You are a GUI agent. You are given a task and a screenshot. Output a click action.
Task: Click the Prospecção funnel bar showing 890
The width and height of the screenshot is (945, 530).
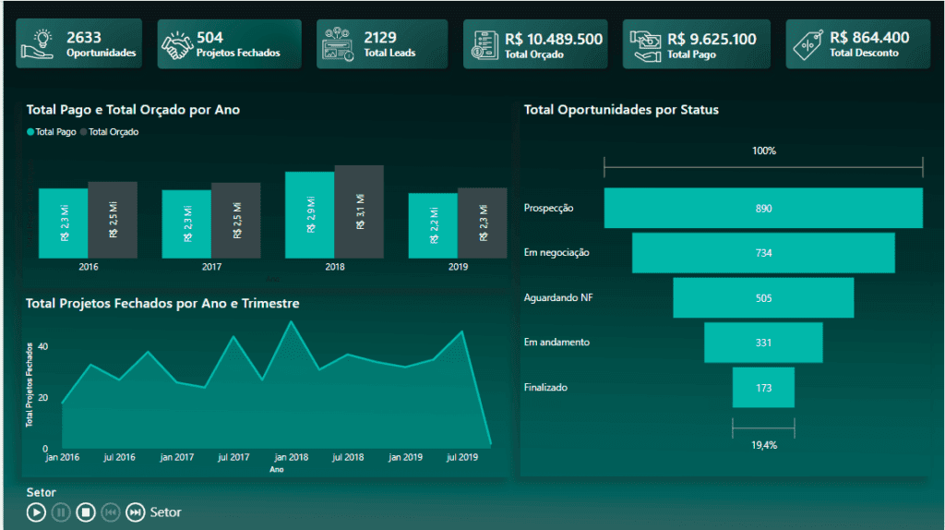click(x=763, y=208)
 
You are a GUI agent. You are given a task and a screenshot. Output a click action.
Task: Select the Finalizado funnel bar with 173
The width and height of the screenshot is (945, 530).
click(x=763, y=388)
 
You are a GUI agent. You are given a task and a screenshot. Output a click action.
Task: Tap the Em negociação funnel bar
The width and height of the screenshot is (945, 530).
click(x=763, y=253)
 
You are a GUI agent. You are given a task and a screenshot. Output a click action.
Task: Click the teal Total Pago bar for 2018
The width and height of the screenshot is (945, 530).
click(x=309, y=215)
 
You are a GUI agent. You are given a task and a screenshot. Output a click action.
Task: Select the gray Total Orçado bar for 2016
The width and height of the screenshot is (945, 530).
click(x=113, y=220)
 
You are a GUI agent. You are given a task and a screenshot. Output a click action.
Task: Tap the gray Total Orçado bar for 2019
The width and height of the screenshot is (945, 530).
click(x=482, y=223)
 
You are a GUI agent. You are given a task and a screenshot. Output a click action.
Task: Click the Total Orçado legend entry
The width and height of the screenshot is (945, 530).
click(x=114, y=132)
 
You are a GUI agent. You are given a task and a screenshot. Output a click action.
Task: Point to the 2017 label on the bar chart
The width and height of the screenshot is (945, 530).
click(x=212, y=267)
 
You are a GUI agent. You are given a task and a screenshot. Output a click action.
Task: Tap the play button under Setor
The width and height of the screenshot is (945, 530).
click(x=36, y=512)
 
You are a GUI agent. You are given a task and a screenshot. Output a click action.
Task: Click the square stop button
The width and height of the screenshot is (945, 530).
click(x=86, y=512)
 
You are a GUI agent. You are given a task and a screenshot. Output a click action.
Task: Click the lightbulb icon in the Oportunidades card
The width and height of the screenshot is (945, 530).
click(x=42, y=43)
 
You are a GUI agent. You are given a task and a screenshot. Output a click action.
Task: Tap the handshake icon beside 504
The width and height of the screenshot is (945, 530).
click(x=177, y=45)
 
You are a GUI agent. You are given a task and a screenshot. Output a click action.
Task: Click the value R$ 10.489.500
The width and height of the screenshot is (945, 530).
click(x=554, y=40)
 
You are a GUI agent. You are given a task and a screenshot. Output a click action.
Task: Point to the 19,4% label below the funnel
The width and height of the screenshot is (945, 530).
click(x=763, y=445)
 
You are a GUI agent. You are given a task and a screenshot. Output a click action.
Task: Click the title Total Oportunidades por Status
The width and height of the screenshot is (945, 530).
click(x=621, y=110)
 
